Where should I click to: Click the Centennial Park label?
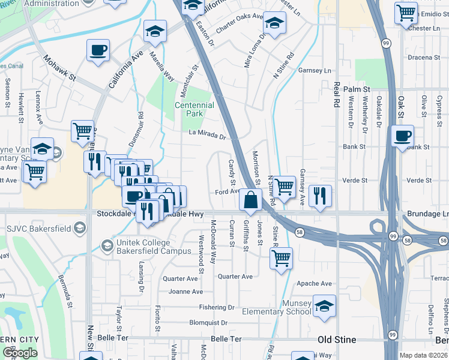tap(194, 109)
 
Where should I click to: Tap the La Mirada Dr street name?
tap(206, 136)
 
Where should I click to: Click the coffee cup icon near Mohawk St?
tap(98, 50)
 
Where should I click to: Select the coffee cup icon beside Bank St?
tap(403, 135)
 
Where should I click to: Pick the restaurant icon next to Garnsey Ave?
tap(321, 195)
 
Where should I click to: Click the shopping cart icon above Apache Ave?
tap(280, 258)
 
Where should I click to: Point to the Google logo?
tap(20, 353)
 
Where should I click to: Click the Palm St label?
tap(357, 89)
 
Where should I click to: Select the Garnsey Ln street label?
tap(319, 70)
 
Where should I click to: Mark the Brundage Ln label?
tap(428, 214)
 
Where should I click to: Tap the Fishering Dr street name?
tap(218, 307)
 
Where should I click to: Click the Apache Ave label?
tap(318, 283)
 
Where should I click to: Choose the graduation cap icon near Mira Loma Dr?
tap(274, 23)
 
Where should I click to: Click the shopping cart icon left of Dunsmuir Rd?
tap(82, 130)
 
